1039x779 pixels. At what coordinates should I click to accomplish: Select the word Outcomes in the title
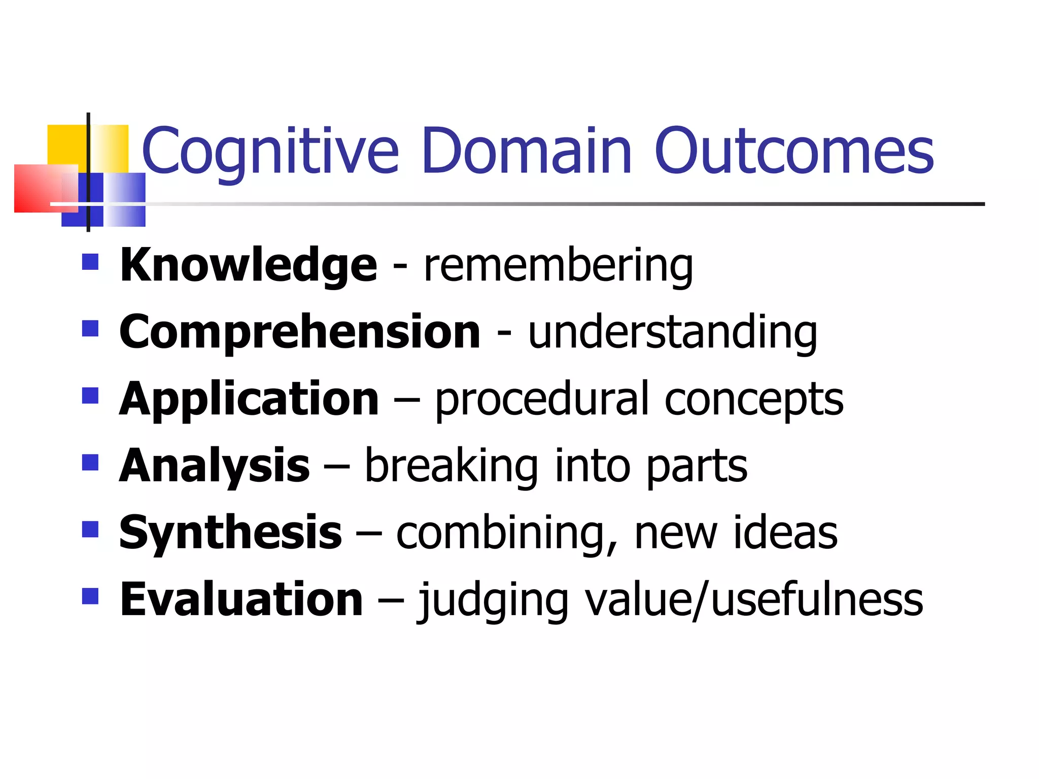point(794,151)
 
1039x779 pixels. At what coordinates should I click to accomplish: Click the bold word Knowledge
point(248,265)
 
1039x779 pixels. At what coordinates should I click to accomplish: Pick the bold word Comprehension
point(299,332)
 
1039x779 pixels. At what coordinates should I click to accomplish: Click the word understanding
point(672,333)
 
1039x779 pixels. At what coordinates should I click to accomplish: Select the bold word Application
point(249,400)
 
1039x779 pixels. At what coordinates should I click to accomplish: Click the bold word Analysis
point(214,466)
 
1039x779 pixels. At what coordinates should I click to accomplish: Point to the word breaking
point(451,466)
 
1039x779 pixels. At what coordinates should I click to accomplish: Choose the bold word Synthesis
point(230,533)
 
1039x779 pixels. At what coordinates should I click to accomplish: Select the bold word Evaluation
point(241,599)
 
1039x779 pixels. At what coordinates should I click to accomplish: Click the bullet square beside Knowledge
point(90,262)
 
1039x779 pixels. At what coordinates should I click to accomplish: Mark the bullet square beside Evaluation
point(90,596)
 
